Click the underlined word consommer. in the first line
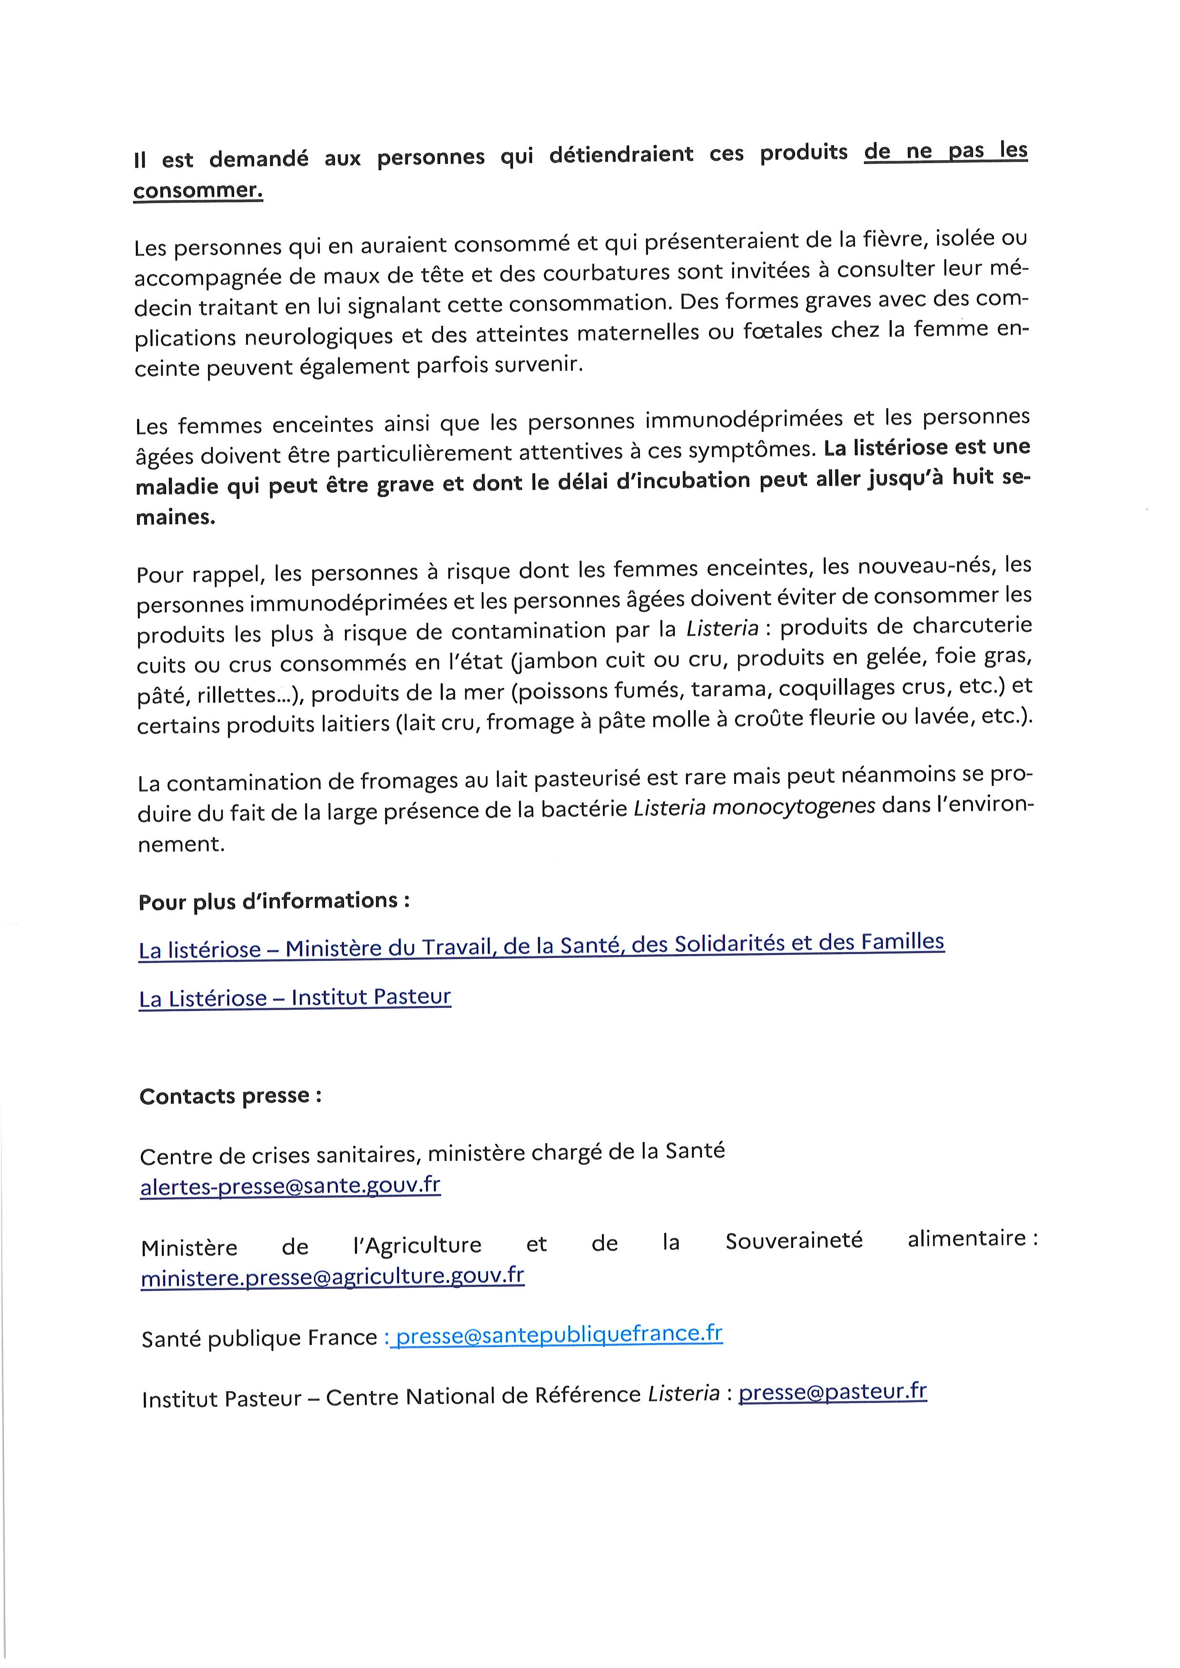(197, 190)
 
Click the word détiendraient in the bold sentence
(621, 155)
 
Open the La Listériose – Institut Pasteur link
(295, 997)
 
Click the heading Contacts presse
(230, 1095)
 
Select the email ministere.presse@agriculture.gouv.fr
(333, 1277)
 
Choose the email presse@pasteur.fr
(833, 1391)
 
